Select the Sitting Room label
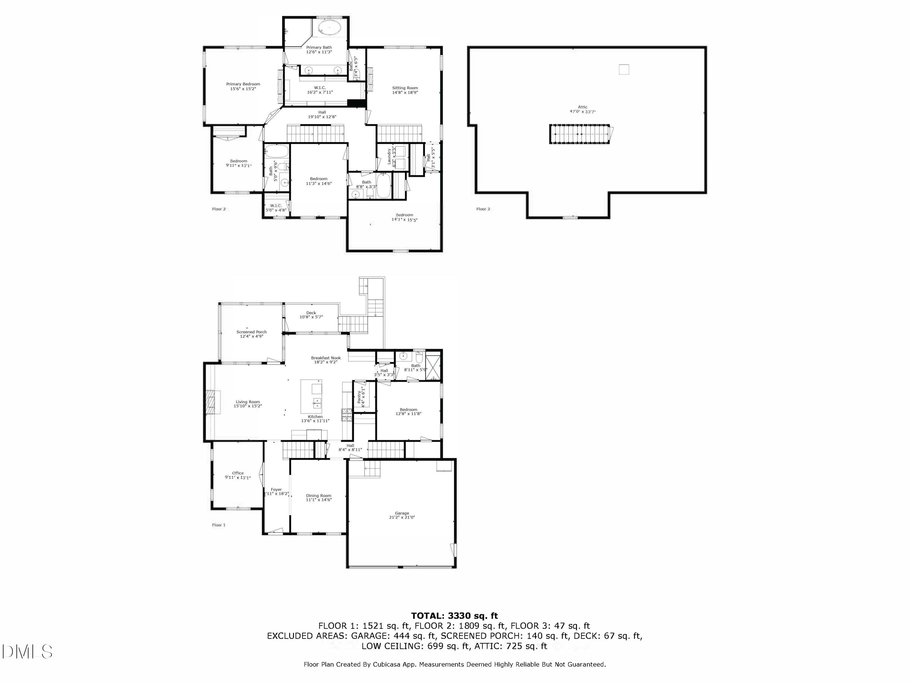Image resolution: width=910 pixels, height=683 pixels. click(x=405, y=88)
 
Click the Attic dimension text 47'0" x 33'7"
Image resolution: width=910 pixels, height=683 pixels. click(x=582, y=112)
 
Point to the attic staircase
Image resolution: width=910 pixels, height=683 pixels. click(x=579, y=134)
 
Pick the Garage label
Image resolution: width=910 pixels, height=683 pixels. click(x=402, y=513)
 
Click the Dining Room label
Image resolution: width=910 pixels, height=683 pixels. click(x=318, y=496)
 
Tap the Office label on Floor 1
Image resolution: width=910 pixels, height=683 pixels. click(x=238, y=473)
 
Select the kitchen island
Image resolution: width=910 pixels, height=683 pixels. click(x=312, y=396)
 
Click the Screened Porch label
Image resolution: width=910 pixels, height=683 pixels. click(x=251, y=332)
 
